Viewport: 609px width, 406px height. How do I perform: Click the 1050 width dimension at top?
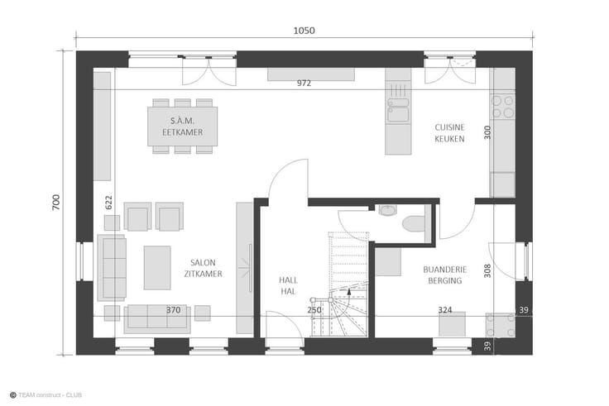[304, 31]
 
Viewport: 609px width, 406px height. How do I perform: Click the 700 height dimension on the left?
[56, 203]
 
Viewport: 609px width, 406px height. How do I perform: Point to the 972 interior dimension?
[304, 83]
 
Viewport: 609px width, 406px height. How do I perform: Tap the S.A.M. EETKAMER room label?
[183, 127]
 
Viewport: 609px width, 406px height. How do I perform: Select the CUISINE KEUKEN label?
[449, 133]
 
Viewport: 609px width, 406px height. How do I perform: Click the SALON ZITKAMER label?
[203, 268]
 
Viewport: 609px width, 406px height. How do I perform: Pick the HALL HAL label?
[288, 285]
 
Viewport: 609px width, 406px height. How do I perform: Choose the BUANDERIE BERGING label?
[444, 275]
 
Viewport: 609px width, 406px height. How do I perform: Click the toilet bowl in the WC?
[414, 224]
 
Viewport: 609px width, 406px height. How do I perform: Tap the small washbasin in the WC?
[387, 210]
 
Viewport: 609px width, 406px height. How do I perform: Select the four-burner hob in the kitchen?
[502, 107]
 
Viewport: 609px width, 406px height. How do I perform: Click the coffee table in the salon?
[157, 267]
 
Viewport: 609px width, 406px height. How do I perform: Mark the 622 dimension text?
[108, 203]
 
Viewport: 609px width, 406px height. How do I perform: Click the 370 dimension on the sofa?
[173, 310]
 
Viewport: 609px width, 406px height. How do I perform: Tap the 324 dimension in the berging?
[444, 310]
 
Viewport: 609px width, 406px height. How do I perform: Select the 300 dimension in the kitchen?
[487, 132]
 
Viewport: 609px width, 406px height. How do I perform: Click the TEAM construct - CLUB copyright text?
[46, 395]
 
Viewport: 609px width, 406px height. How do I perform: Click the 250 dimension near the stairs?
[314, 310]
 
